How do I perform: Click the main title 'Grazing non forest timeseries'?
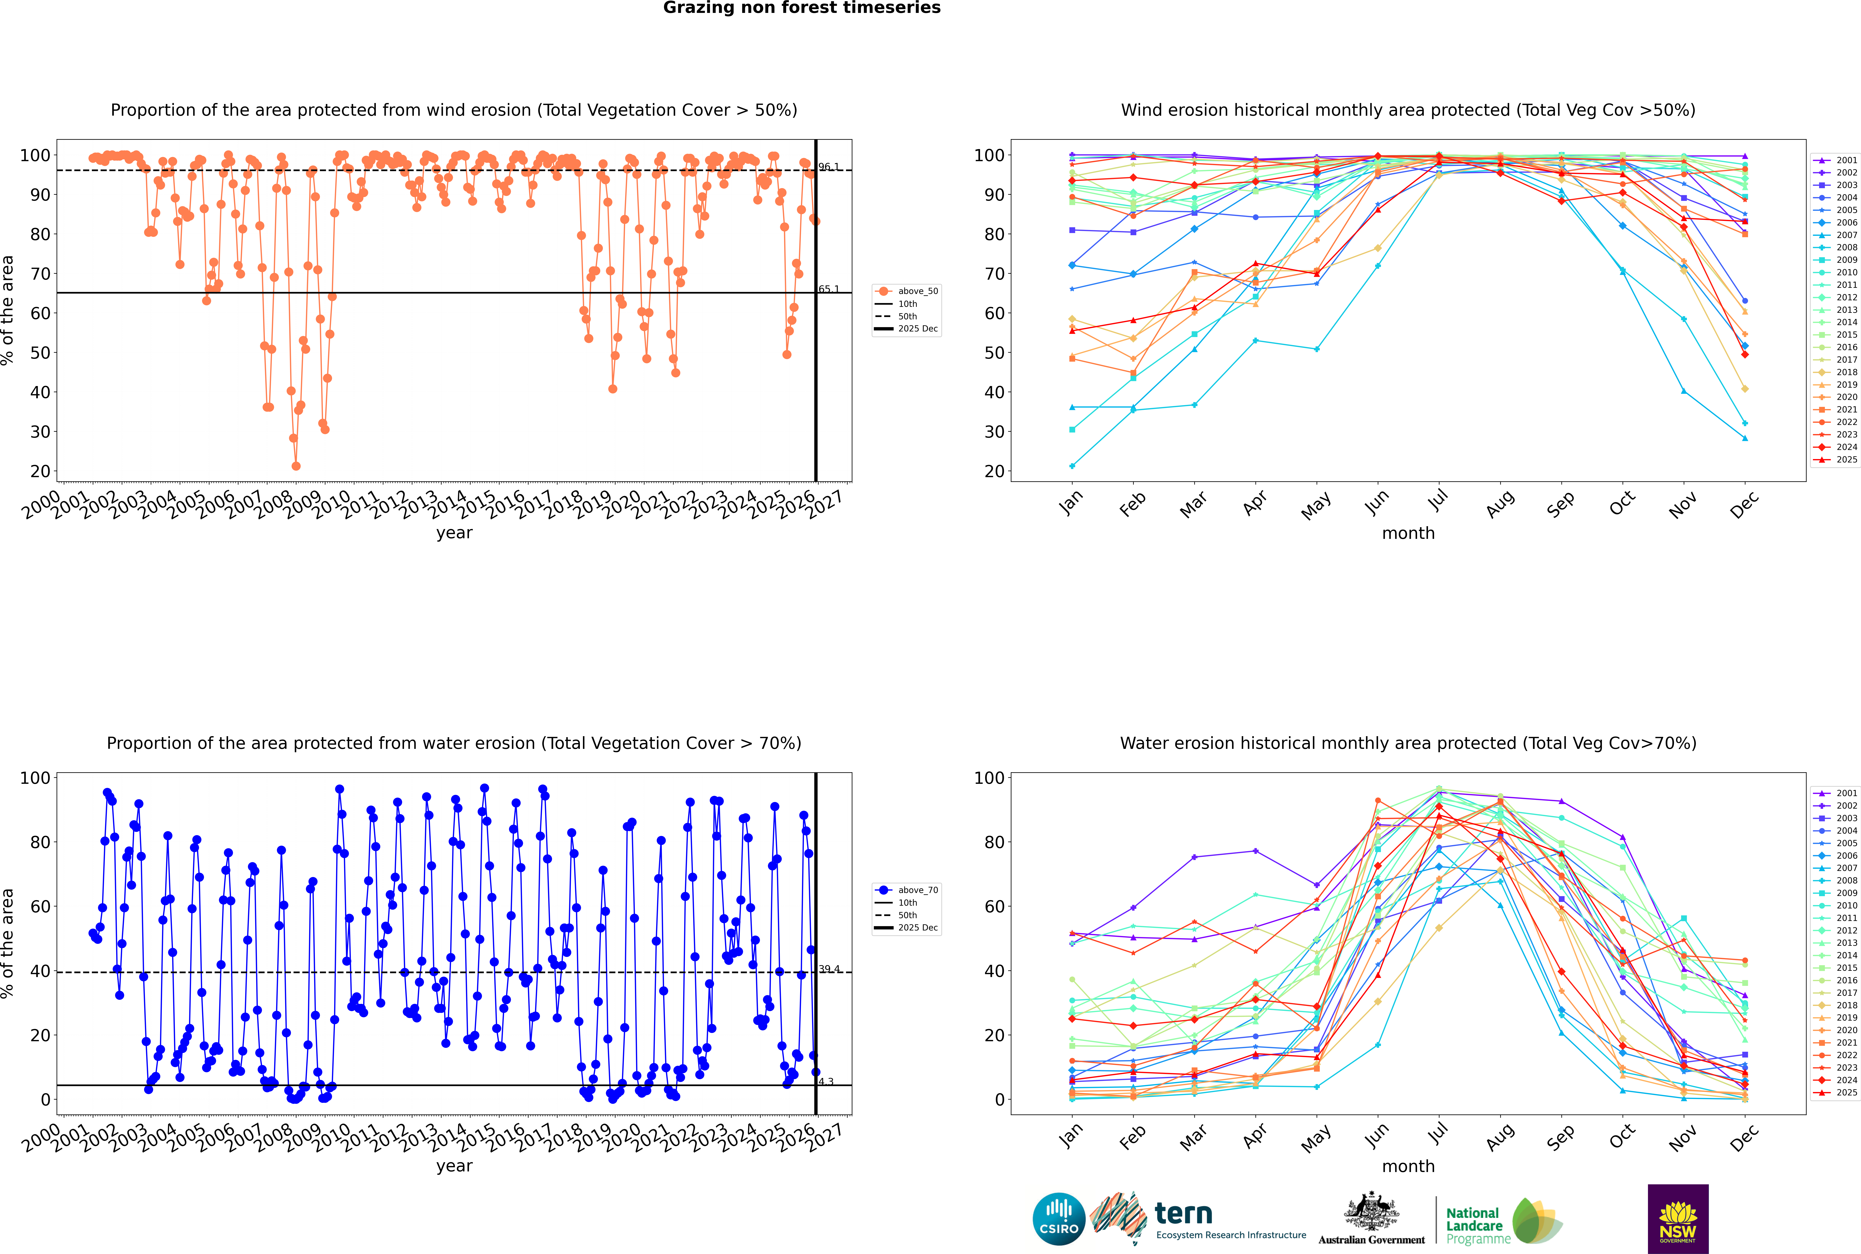pyautogui.click(x=802, y=8)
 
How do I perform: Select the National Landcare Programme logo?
pyautogui.click(x=1503, y=1221)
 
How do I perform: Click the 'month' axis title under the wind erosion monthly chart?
pyautogui.click(x=1408, y=534)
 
